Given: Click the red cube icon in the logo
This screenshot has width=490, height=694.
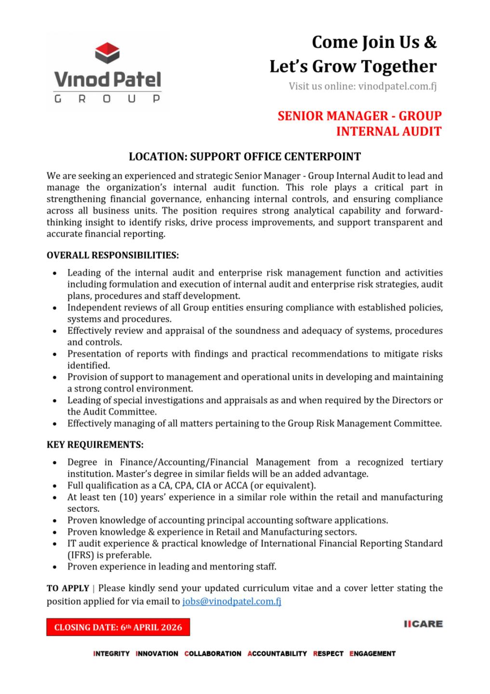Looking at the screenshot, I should click(107, 53).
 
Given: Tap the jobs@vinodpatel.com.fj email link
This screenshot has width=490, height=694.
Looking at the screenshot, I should click(231, 601).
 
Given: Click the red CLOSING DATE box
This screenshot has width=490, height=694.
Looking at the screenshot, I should click(118, 627).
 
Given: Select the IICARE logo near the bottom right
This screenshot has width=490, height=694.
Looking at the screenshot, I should click(423, 624).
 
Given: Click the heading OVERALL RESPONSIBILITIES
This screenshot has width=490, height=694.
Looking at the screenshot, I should click(113, 255).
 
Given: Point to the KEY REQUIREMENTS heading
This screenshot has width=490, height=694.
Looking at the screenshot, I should click(95, 444).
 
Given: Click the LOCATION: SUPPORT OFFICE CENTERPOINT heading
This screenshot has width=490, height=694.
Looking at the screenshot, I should click(245, 157).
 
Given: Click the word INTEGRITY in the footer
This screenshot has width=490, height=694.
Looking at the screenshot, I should click(111, 654).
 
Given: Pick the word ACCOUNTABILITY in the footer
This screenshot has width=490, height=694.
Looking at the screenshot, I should click(277, 654).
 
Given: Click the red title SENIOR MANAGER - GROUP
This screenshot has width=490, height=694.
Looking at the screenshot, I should click(359, 116).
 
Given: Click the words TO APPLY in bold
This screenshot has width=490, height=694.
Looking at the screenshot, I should click(68, 588).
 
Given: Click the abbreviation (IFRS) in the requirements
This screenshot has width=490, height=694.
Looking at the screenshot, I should click(80, 555).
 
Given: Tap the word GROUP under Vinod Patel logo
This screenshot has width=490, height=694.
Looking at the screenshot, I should click(107, 99).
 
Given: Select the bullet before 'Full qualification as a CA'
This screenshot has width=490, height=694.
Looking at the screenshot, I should click(56, 486).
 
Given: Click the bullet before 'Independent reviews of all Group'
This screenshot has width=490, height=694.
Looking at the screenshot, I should click(56, 307).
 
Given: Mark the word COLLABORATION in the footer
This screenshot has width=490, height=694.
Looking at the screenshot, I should click(212, 654).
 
